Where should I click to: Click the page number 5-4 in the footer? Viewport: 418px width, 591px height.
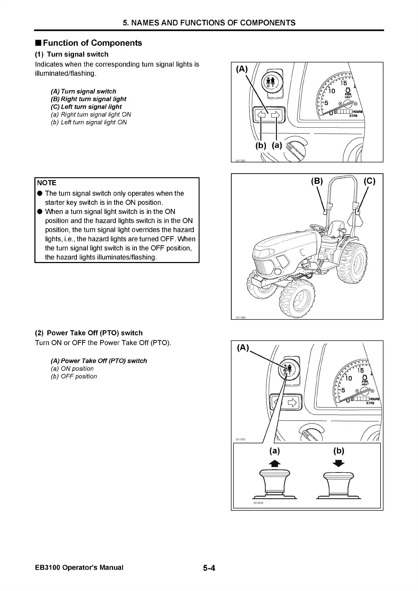[x=208, y=568]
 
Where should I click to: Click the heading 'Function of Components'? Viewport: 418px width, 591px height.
[x=92, y=43]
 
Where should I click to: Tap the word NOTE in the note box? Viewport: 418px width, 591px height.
[x=47, y=183]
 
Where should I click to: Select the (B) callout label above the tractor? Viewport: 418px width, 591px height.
[x=317, y=181]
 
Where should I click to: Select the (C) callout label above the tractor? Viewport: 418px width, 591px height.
[x=369, y=181]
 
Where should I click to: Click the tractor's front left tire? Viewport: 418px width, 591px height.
[x=297, y=298]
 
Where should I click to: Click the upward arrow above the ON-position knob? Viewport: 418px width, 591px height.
[x=274, y=464]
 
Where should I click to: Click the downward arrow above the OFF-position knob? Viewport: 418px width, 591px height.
[x=338, y=464]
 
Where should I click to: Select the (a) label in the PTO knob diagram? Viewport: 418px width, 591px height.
[x=274, y=451]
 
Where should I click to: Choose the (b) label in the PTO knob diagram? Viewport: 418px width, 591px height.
[x=338, y=451]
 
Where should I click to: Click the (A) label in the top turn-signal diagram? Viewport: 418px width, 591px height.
[x=242, y=69]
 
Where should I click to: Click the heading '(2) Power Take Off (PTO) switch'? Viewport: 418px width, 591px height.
[x=89, y=333]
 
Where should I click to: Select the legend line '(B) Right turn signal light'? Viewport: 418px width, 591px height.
[x=88, y=99]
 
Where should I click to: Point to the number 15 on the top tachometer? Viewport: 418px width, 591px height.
[x=344, y=83]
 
